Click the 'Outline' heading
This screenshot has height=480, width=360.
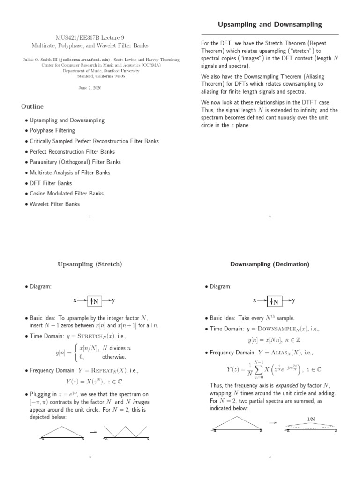point(32,106)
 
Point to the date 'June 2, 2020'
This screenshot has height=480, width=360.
point(90,88)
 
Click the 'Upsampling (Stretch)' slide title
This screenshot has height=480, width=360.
point(90,264)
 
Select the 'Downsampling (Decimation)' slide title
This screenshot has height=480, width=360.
point(270,264)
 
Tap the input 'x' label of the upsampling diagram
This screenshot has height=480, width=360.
point(75,300)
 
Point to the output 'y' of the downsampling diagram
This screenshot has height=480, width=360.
point(294,300)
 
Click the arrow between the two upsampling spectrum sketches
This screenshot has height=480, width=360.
point(93,431)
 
